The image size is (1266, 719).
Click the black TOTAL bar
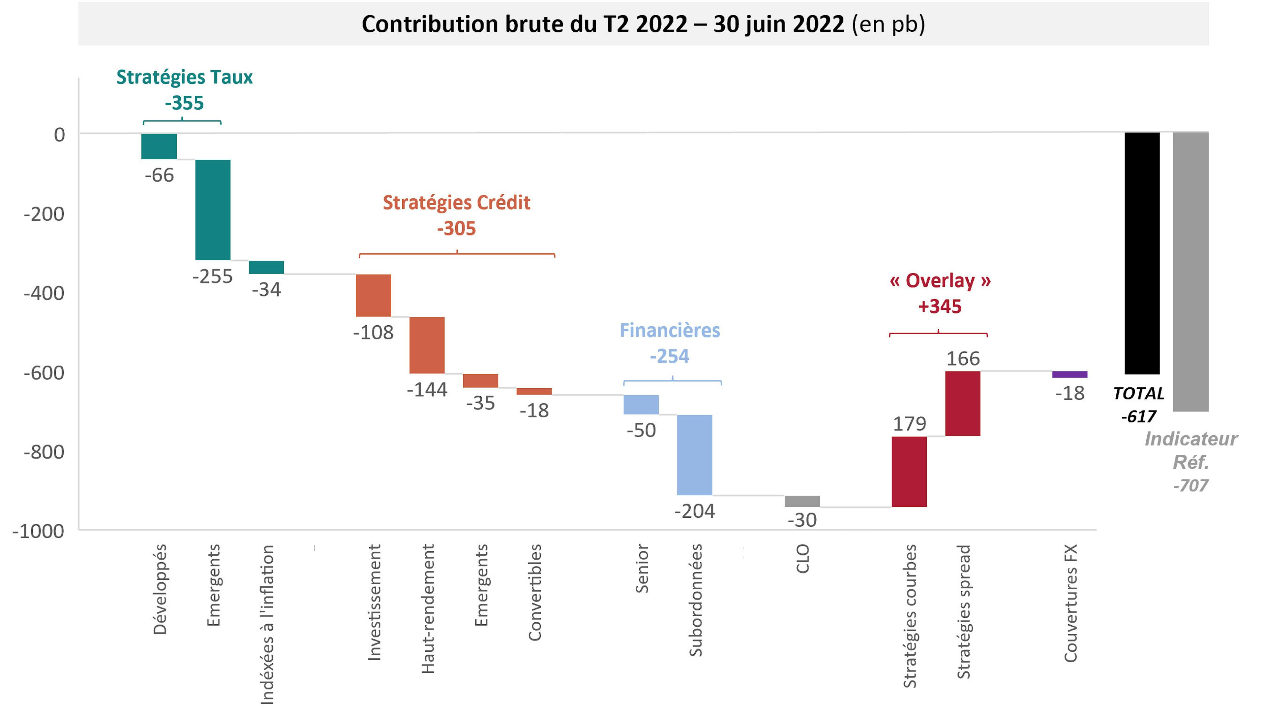click(1142, 253)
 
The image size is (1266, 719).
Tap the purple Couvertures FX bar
click(1070, 374)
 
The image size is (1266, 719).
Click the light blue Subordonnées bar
click(694, 455)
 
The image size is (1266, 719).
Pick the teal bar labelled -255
click(213, 210)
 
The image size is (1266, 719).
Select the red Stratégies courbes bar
click(909, 472)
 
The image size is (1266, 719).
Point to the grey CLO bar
click(802, 501)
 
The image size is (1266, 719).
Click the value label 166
click(963, 359)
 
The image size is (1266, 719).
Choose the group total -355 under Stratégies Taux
click(184, 103)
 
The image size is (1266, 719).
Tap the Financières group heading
click(670, 330)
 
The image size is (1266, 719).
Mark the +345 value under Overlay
click(939, 307)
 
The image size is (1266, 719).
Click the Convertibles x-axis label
click(535, 593)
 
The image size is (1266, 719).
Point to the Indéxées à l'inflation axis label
click(267, 625)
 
